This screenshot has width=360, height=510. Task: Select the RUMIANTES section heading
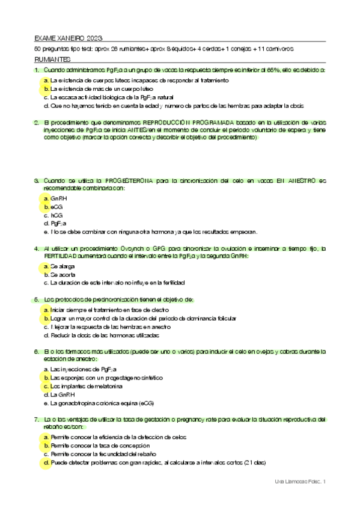[53, 60]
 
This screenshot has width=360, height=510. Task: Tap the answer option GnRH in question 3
[59, 197]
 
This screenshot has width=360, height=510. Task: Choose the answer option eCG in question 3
[56, 206]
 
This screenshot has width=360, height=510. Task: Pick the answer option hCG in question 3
[56, 215]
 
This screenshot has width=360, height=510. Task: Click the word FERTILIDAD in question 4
[63, 256]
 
